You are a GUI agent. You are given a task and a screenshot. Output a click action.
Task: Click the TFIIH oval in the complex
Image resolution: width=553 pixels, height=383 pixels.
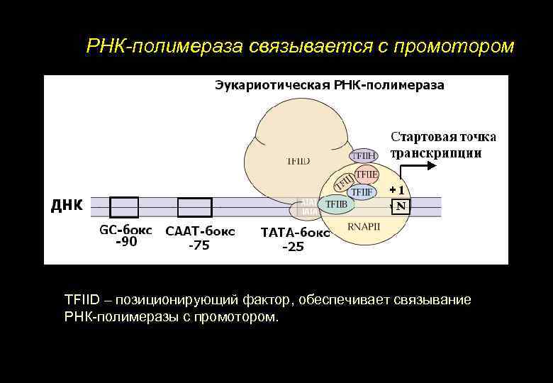(x=364, y=155)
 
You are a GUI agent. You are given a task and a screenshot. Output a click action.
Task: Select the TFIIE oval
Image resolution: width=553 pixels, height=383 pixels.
(x=367, y=174)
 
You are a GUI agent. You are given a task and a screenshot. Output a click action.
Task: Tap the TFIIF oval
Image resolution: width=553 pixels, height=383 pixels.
(x=362, y=191)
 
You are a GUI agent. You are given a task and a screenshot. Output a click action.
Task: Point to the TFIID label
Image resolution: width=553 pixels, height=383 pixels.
(x=298, y=161)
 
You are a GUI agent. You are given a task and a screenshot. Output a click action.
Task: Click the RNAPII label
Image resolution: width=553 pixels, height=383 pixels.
(x=364, y=227)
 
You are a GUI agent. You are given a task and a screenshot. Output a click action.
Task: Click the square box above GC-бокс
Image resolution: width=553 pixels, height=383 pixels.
(x=124, y=206)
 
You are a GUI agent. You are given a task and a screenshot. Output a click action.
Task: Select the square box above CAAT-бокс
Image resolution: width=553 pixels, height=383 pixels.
(x=194, y=206)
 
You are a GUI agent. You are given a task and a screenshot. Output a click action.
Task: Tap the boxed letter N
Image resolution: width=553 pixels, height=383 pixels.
(x=401, y=206)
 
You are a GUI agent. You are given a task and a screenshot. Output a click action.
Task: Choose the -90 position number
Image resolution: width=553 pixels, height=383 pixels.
(x=126, y=242)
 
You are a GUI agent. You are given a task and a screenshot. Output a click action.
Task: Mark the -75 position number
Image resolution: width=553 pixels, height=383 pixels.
(x=199, y=246)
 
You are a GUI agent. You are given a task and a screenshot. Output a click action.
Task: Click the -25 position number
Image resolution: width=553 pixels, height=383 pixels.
(x=293, y=247)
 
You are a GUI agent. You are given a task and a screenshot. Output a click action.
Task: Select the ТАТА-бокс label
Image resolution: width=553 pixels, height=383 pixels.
(x=295, y=233)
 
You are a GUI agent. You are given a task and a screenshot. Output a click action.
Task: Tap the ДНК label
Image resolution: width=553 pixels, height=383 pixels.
(x=67, y=206)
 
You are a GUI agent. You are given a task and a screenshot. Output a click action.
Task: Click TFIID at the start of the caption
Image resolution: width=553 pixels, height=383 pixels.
(x=82, y=300)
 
